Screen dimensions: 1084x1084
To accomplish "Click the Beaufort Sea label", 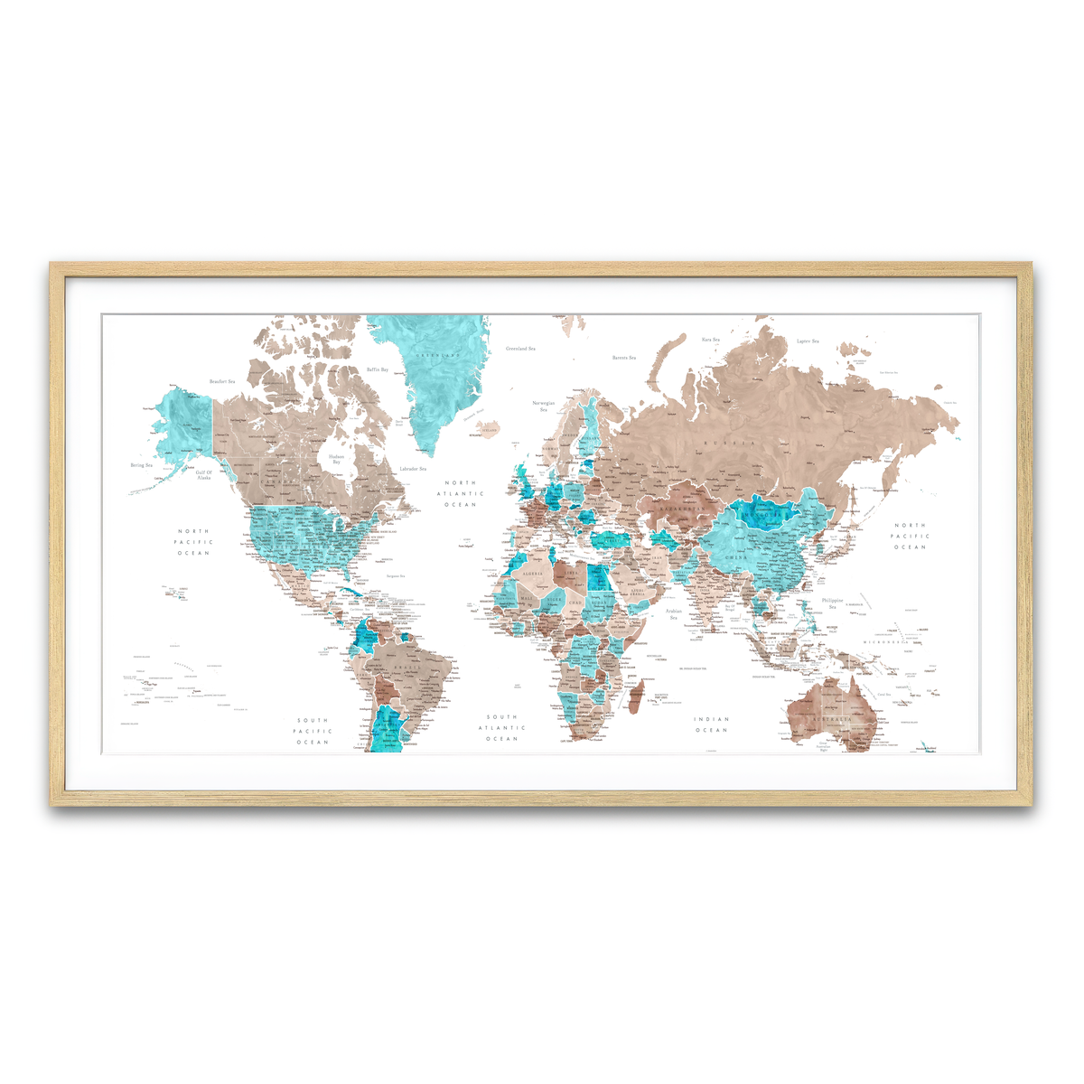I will click(x=221, y=382).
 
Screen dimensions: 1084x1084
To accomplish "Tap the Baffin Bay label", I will click(x=378, y=369).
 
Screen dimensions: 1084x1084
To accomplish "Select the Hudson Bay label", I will click(x=336, y=459).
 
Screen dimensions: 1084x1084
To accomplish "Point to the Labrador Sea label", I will click(x=412, y=469).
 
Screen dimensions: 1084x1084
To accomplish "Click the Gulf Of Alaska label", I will click(x=204, y=474).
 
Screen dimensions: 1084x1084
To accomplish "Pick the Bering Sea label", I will click(x=142, y=465).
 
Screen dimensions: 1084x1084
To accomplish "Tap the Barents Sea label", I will click(x=624, y=358).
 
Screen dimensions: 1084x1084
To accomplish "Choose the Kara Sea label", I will click(x=711, y=340).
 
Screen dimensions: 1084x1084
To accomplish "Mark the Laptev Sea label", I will click(x=808, y=341).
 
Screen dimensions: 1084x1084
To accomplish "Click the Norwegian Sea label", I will click(x=544, y=406).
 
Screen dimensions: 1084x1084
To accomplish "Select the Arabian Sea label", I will click(x=674, y=614).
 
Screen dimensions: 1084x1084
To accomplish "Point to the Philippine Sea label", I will click(x=832, y=603).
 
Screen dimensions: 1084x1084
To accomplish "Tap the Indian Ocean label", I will click(x=711, y=724).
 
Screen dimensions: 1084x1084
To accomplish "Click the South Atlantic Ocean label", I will click(x=501, y=728).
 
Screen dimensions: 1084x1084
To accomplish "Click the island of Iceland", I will click(x=489, y=427).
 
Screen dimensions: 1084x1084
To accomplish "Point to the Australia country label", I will click(x=832, y=719).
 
